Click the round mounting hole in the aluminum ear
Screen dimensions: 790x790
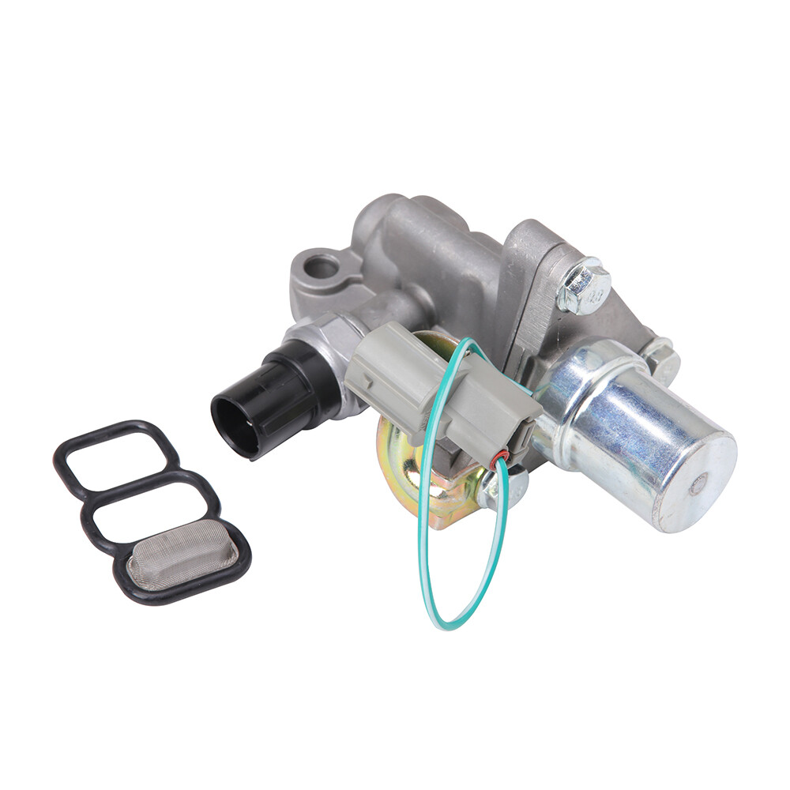coord(321,267)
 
